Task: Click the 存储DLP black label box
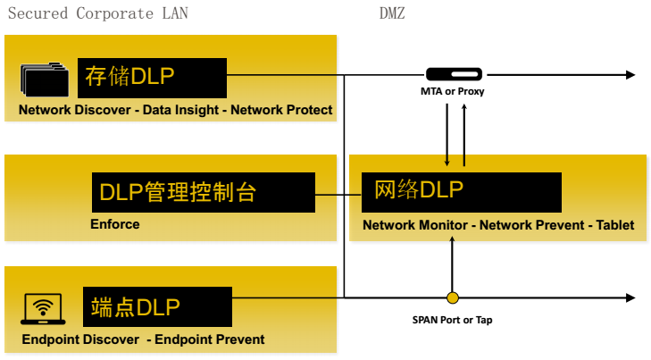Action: [152, 77]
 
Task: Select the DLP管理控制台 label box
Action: [204, 193]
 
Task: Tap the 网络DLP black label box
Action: [462, 192]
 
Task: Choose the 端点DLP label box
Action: [157, 306]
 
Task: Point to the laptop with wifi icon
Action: [42, 309]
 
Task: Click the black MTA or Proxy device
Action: [454, 74]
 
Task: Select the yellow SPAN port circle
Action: [453, 297]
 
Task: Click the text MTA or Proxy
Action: [453, 91]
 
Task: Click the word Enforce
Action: [115, 224]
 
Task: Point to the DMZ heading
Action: [391, 13]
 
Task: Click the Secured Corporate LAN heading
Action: [97, 13]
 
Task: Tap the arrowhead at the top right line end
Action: [630, 75]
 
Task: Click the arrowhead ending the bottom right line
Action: [630, 297]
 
